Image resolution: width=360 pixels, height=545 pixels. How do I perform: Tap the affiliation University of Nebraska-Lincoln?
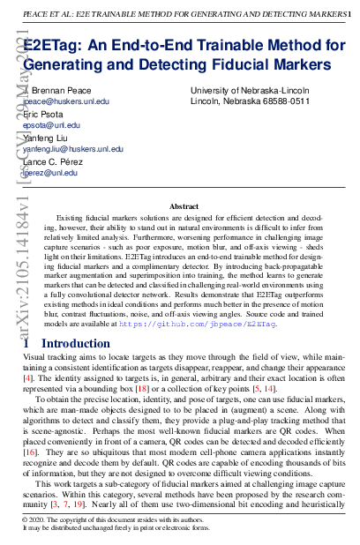pyautogui.click(x=250, y=91)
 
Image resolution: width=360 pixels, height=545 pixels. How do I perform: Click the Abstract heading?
pyautogui.click(x=184, y=206)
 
